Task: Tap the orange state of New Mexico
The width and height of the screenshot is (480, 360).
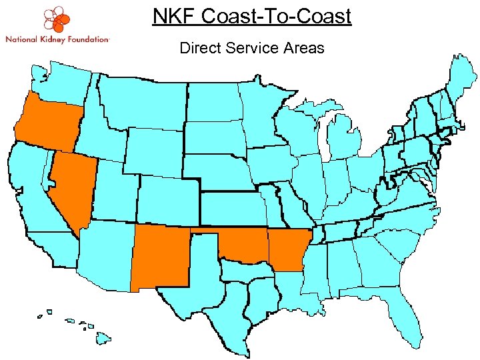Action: [160, 257]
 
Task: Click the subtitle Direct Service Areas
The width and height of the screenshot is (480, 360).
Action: [251, 48]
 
